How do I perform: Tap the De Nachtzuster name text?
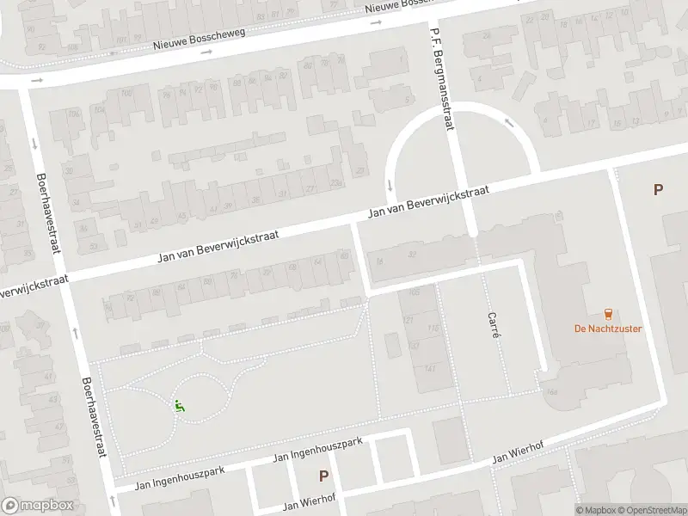tap(608, 329)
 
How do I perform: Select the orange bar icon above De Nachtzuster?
tap(608, 313)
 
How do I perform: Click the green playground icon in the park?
tap(180, 406)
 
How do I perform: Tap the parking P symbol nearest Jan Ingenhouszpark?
tap(324, 476)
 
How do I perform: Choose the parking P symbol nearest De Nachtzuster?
tap(658, 190)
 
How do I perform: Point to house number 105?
tap(415, 292)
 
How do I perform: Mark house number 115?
tap(433, 329)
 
